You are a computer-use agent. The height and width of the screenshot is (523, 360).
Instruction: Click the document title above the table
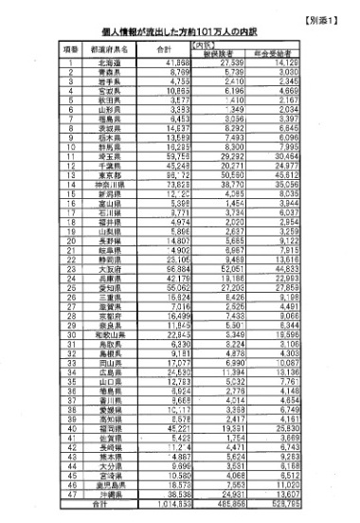(x=179, y=30)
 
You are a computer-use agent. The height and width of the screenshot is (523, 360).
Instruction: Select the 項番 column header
(x=70, y=47)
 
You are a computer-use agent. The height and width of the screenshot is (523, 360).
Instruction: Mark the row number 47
(x=70, y=496)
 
